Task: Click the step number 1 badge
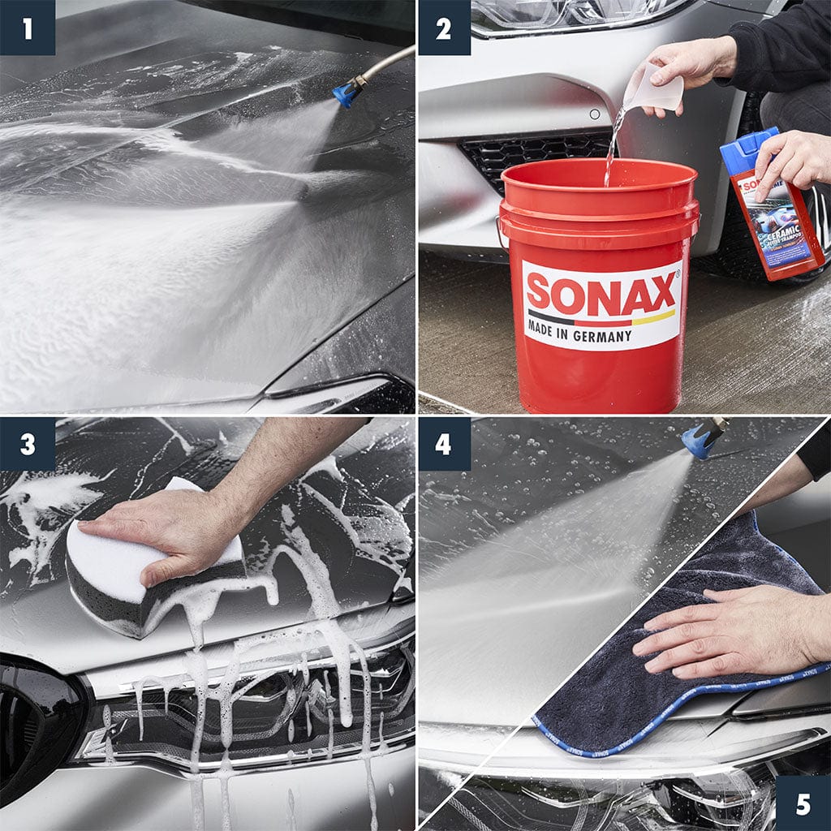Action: point(27,28)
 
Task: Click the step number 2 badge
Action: point(443,28)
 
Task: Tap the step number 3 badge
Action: point(27,444)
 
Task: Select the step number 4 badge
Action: point(443,444)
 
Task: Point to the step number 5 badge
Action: point(803,803)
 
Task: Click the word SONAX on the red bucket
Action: point(601,294)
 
